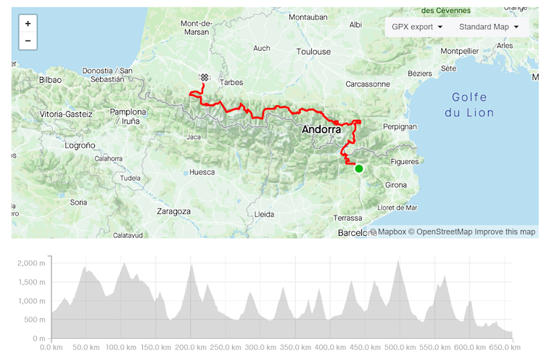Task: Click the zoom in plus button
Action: [28, 24]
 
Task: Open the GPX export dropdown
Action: [417, 27]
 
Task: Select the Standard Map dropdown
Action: [489, 27]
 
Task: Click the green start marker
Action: [358, 168]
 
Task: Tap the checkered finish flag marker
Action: [205, 77]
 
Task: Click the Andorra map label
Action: [321, 129]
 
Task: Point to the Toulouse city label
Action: [313, 52]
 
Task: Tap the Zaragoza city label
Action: [173, 211]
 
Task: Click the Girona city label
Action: [396, 185]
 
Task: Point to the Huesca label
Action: [202, 173]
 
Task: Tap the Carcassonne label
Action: [368, 83]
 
